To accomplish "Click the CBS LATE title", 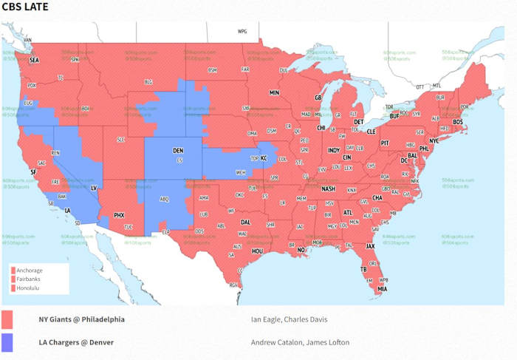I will (x=25, y=7).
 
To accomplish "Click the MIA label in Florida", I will (x=383, y=289).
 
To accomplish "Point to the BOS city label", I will (x=458, y=121).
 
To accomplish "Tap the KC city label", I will (x=264, y=158).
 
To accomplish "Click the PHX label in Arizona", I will (x=119, y=215).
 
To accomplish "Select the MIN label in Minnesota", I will (x=274, y=93).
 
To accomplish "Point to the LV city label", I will (x=94, y=188).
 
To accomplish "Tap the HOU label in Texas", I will (x=258, y=251).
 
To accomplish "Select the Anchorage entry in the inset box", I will (x=30, y=271).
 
